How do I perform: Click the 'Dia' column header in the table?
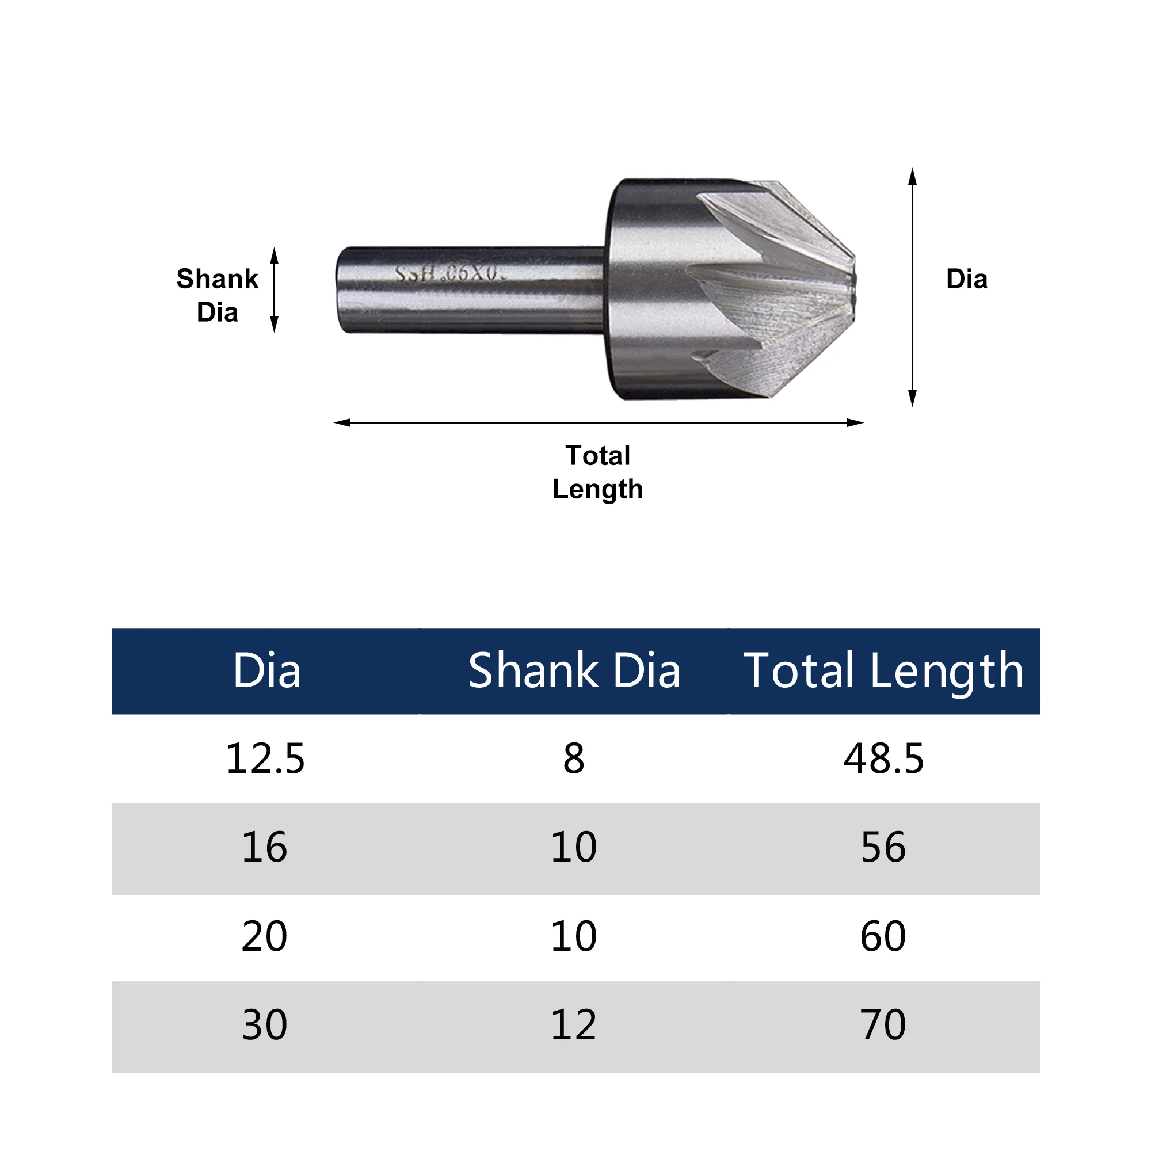pyautogui.click(x=266, y=671)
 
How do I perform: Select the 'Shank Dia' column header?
pyautogui.click(x=574, y=671)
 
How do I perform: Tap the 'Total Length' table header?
pyautogui.click(x=883, y=672)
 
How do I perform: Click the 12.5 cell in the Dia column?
pyautogui.click(x=265, y=759)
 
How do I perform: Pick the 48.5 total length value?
pyautogui.click(x=883, y=759)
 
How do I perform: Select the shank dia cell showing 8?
pyautogui.click(x=574, y=759)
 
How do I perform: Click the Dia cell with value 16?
pyautogui.click(x=264, y=847)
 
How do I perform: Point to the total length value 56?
pyautogui.click(x=883, y=847)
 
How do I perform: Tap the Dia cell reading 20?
pyautogui.click(x=264, y=936)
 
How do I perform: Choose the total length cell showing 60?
pyautogui.click(x=883, y=936)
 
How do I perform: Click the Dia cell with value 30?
pyautogui.click(x=264, y=1025)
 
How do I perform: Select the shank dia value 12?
pyautogui.click(x=573, y=1025)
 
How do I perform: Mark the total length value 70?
pyautogui.click(x=883, y=1025)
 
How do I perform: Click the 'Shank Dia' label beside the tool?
pyautogui.click(x=217, y=295)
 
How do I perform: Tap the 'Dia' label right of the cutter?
pyautogui.click(x=966, y=279)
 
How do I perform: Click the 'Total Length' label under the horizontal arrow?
pyautogui.click(x=597, y=472)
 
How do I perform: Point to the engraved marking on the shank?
pyautogui.click(x=450, y=274)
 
